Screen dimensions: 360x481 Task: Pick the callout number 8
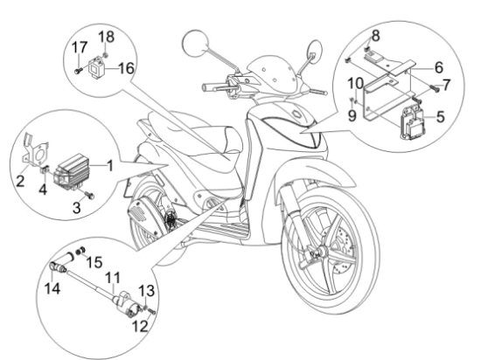[377, 36]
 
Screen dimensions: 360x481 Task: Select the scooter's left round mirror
[192, 42]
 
